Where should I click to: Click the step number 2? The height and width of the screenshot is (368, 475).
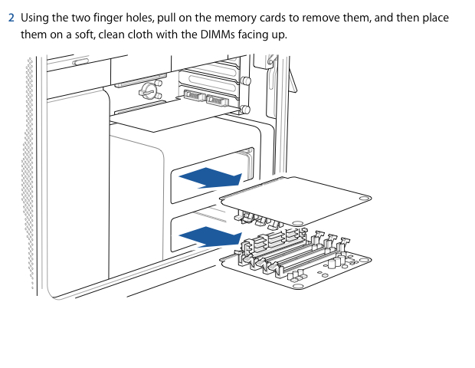[x=11, y=18]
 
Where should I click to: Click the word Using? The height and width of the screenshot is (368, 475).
[x=36, y=18]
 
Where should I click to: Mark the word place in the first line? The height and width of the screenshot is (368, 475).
[x=434, y=18]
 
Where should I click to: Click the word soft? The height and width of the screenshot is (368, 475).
[x=104, y=35]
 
